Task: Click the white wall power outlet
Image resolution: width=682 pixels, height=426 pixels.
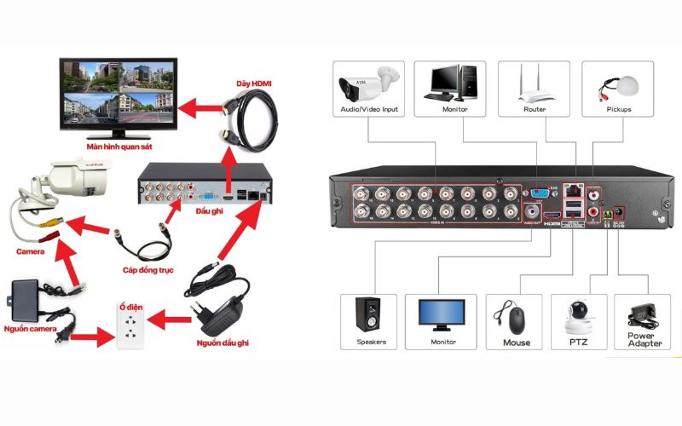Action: pyautogui.click(x=128, y=324)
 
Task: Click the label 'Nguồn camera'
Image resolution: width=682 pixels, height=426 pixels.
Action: pyautogui.click(x=31, y=328)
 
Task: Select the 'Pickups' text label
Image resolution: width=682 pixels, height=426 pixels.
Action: pyautogui.click(x=620, y=110)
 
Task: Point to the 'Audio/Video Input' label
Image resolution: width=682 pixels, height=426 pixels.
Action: pyautogui.click(x=369, y=110)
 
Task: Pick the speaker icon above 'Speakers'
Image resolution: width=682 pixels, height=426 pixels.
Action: pyautogui.click(x=370, y=315)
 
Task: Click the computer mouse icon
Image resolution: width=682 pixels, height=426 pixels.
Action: pyautogui.click(x=516, y=319)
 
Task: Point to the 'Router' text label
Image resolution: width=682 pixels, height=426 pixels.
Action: pyautogui.click(x=535, y=110)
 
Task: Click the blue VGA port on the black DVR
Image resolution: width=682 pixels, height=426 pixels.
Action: pyautogui.click(x=539, y=193)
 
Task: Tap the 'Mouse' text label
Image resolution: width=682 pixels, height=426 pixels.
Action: pyautogui.click(x=516, y=343)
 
